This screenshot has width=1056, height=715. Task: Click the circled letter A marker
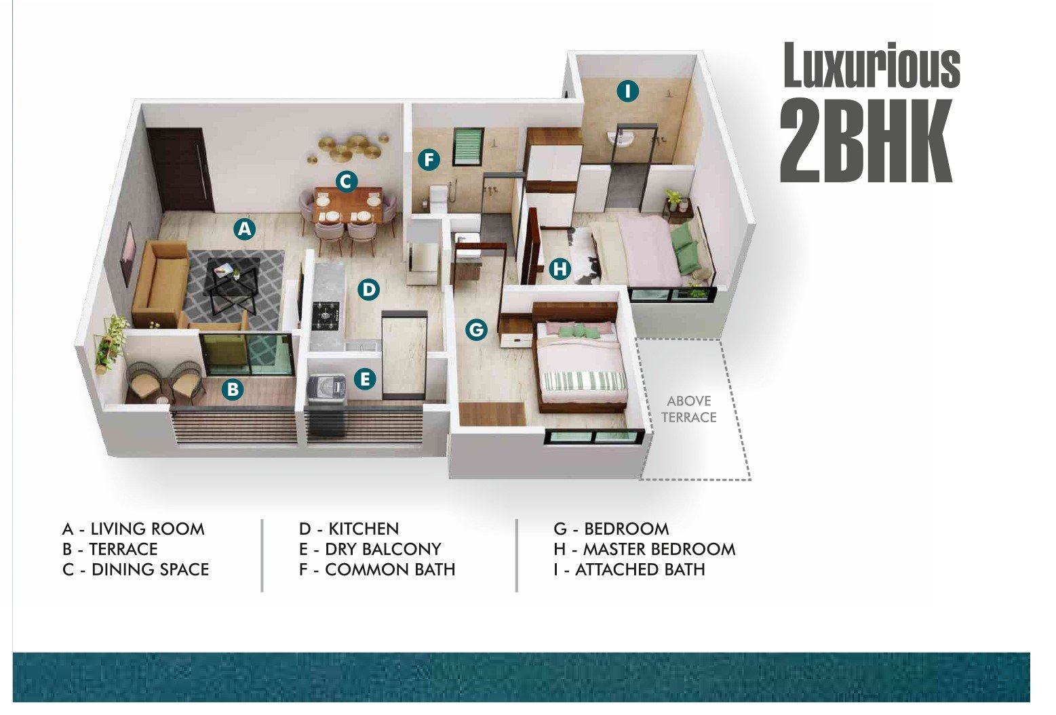click(x=245, y=229)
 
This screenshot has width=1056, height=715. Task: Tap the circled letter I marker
click(x=627, y=91)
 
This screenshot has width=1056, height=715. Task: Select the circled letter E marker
click(x=364, y=379)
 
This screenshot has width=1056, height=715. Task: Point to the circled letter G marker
click(x=476, y=329)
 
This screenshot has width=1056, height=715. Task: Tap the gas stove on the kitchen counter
click(x=326, y=314)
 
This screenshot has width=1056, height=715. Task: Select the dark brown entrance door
click(x=180, y=170)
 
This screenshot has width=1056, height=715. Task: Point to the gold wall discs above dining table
click(x=349, y=147)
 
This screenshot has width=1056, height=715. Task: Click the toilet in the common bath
click(x=437, y=200)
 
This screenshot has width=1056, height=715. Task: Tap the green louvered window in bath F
click(x=468, y=147)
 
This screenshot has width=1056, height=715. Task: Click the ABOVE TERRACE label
click(x=689, y=409)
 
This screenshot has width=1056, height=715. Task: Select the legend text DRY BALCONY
click(x=383, y=549)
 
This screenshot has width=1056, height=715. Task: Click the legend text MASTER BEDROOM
click(x=659, y=549)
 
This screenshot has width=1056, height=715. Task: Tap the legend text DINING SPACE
click(x=150, y=569)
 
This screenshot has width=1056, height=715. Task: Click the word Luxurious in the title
click(x=872, y=66)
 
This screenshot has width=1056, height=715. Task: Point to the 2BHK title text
click(x=865, y=141)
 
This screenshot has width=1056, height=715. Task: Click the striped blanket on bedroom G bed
click(x=585, y=381)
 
